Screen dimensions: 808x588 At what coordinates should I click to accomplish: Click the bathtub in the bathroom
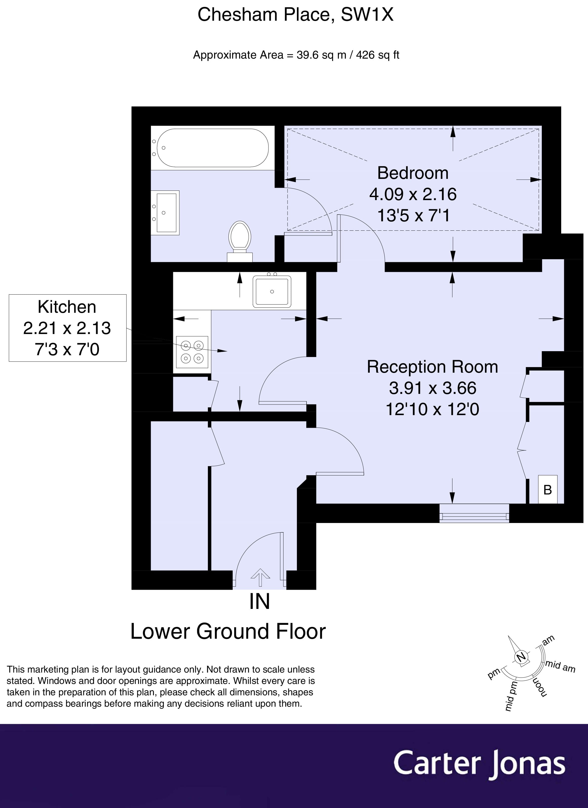point(213,148)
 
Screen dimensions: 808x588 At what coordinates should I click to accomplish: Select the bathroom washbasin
point(166,213)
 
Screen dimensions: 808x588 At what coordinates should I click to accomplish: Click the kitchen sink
point(272,291)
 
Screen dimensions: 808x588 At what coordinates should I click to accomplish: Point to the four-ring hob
point(192,352)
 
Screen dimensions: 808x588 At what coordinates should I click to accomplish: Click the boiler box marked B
point(547,490)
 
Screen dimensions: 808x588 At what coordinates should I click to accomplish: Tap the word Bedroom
point(412,173)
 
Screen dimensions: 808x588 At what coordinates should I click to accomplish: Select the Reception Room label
point(432,367)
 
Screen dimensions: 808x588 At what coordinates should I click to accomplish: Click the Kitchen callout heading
point(67,307)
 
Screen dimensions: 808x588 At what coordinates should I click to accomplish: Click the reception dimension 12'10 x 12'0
point(432,409)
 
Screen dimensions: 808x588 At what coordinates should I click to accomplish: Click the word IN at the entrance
point(259,602)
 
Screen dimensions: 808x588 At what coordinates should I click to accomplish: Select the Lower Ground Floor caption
point(228,632)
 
